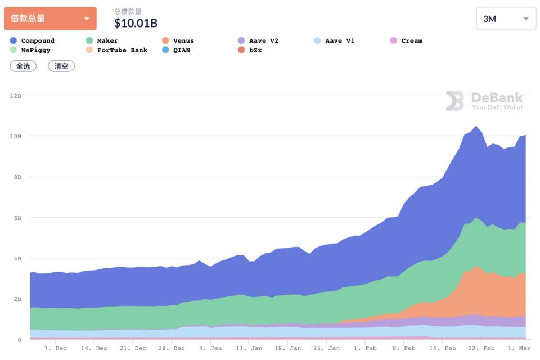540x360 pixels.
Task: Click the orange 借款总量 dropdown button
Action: [50, 19]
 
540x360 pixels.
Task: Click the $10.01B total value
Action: [136, 23]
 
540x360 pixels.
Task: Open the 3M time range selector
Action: [506, 19]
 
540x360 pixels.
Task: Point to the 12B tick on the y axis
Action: [15, 96]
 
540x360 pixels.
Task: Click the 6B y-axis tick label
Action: [15, 218]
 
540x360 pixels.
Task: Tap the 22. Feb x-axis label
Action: [481, 348]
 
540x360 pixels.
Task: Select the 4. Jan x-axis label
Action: [210, 348]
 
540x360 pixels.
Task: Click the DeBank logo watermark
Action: [484, 101]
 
